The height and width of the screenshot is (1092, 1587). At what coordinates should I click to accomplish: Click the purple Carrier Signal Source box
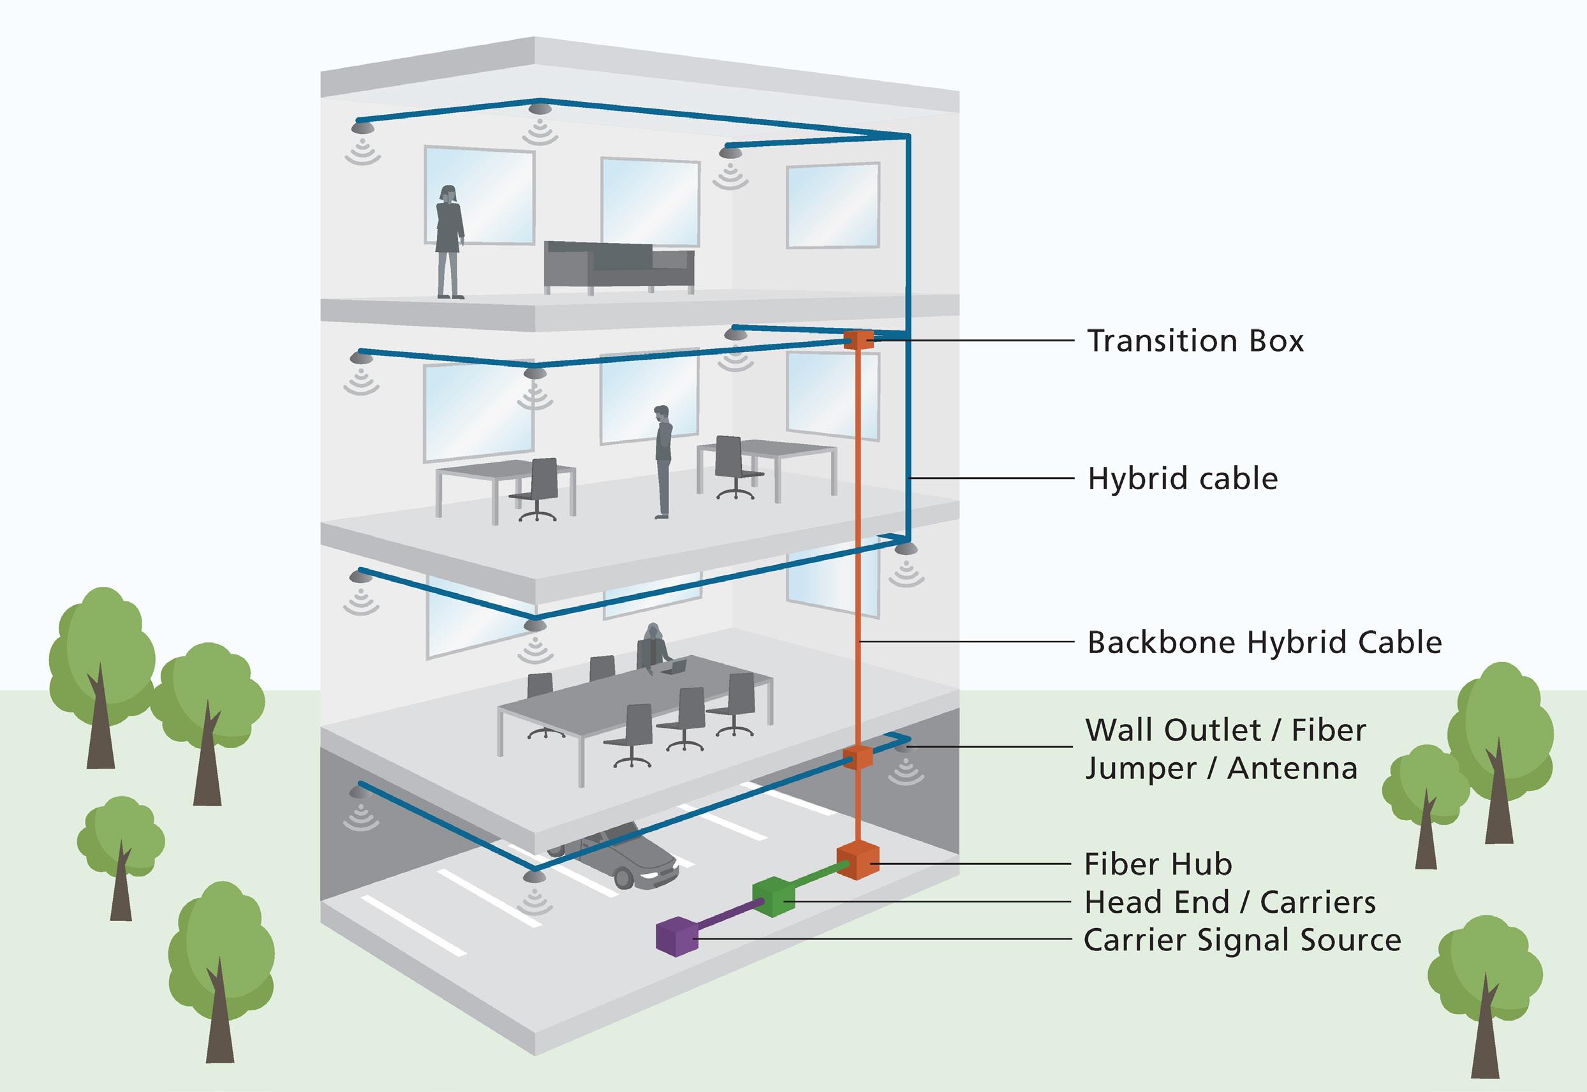point(677,936)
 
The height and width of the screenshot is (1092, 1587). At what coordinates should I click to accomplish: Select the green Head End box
point(774,896)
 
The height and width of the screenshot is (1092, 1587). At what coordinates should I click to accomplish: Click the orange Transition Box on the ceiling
point(859,340)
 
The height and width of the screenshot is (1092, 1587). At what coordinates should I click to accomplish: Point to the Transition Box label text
point(1195,341)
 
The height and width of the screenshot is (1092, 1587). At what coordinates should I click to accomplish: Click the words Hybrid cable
point(1182,478)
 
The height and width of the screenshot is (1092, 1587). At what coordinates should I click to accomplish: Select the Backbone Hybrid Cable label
point(1264,642)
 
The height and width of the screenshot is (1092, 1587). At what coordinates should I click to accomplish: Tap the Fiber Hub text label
point(1158,865)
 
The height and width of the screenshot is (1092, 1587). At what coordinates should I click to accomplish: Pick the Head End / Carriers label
point(1230,903)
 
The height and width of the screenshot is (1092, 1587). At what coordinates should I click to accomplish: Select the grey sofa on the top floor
point(618,265)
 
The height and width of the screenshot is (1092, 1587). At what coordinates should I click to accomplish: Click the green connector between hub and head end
point(818,878)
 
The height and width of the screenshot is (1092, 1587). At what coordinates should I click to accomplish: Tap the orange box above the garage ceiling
point(857,757)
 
